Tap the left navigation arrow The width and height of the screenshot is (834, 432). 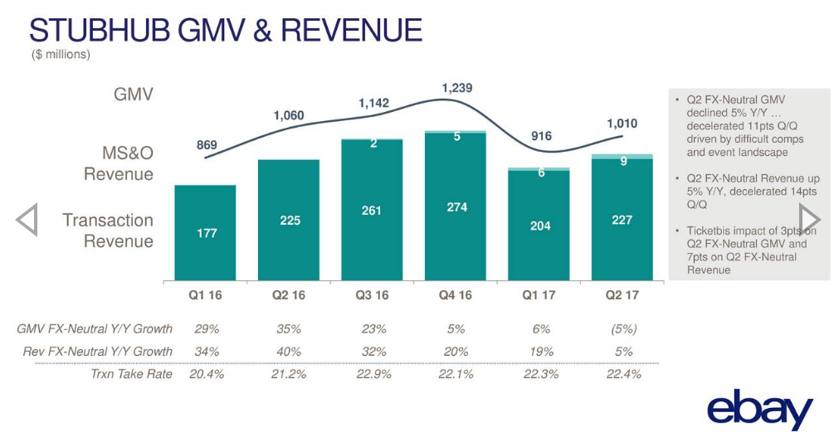pos(27,220)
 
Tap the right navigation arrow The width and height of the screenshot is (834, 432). pos(809,220)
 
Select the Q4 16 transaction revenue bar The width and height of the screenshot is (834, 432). pos(456,207)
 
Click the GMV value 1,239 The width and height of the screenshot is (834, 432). pos(456,87)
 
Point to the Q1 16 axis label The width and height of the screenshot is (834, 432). pos(205,294)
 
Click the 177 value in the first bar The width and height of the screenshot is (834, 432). pos(206,233)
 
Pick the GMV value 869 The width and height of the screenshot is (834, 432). pos(207,145)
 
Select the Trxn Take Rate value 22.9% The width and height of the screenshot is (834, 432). pos(372,374)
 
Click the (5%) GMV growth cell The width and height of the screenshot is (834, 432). pos(622,328)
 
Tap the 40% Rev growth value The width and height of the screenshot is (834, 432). pos(289,352)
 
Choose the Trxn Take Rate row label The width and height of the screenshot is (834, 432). pos(131,374)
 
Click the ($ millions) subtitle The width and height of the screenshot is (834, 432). pos(61,55)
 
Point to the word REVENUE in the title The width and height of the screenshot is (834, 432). pos(352,30)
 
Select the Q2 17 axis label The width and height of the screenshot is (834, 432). pos(622,294)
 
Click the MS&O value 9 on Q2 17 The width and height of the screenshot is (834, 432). pos(623,163)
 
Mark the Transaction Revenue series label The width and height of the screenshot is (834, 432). pos(108,231)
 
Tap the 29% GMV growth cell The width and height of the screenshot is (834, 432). pos(206,328)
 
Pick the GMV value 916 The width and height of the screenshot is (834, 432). pos(541,136)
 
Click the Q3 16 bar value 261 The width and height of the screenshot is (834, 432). pos(372,211)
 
